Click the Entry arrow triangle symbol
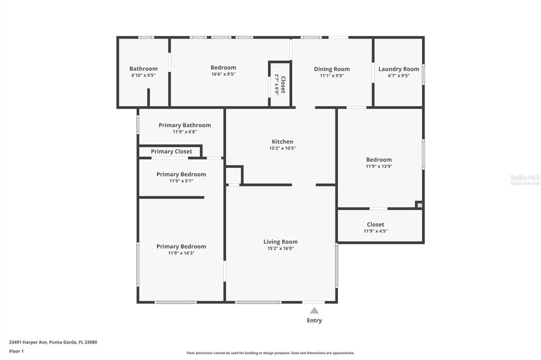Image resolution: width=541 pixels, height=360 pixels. tap(314, 310)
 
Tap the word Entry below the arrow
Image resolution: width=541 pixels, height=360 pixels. tap(314, 320)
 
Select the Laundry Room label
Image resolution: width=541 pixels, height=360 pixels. tap(398, 69)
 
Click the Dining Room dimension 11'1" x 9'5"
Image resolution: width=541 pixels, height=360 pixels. tap(332, 75)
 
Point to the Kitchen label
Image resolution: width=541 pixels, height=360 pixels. tap(282, 141)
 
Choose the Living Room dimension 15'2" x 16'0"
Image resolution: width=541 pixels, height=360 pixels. tap(281, 249)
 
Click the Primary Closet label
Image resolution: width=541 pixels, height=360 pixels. tap(171, 151)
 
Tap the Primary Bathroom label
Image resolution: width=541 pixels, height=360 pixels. tap(184, 125)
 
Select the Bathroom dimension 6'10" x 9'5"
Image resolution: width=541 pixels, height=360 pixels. tap(143, 75)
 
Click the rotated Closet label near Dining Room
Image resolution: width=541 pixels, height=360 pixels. tap(283, 84)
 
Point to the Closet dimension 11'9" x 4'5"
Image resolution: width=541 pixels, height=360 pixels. tap(376, 231)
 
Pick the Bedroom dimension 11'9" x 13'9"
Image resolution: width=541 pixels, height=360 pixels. tap(379, 166)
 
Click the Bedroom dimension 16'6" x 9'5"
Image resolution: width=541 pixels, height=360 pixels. tap(223, 74)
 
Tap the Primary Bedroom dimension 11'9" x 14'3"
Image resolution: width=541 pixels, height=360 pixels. tap(181, 253)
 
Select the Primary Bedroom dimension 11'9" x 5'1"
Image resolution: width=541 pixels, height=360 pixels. tap(181, 181)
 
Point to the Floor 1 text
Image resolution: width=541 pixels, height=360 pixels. tap(16, 351)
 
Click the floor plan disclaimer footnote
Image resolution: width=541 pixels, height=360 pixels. tap(270, 353)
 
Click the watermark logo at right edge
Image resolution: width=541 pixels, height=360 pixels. tap(525, 179)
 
